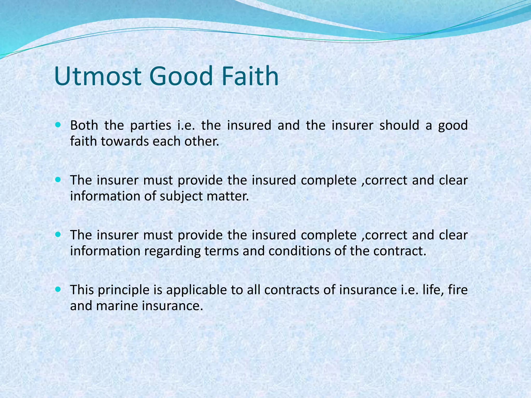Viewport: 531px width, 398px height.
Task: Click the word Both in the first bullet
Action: pyautogui.click(x=84, y=125)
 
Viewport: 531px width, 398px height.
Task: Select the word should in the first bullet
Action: pyautogui.click(x=399, y=125)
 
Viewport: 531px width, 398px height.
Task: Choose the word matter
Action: pyautogui.click(x=228, y=196)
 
